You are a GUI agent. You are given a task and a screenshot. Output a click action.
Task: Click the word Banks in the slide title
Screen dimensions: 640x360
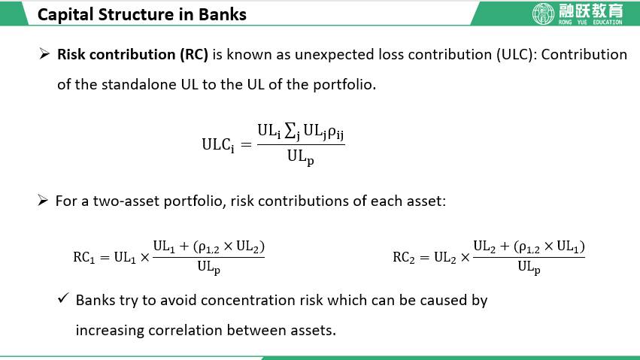coord(223,15)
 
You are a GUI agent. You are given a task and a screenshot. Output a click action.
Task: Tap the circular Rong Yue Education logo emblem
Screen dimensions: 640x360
coord(544,13)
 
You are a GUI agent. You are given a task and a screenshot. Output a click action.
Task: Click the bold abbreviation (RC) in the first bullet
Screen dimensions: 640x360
coord(194,55)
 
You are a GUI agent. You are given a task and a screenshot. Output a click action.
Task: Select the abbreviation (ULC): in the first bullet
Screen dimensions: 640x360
coord(517,55)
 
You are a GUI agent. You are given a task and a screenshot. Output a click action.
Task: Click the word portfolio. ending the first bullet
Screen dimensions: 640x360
coord(344,85)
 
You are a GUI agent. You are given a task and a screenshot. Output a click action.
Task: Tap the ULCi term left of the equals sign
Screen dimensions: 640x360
coord(218,145)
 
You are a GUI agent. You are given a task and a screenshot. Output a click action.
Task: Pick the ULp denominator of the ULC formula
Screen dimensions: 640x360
coord(300,157)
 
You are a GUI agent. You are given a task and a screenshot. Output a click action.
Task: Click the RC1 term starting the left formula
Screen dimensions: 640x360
coord(84,257)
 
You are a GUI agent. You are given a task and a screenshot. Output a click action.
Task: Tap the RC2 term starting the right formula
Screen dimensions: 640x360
coord(404,257)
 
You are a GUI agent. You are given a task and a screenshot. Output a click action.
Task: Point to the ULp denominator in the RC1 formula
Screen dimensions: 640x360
coord(208,267)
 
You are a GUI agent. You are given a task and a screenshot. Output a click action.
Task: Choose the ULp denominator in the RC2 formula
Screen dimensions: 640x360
coord(529,267)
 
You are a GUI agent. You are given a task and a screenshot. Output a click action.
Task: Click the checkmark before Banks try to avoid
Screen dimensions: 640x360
coord(63,298)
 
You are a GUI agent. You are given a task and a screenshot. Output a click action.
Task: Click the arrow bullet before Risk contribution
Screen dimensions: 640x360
coord(44,53)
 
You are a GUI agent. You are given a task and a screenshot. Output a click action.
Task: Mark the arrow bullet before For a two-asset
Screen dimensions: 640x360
coord(43,200)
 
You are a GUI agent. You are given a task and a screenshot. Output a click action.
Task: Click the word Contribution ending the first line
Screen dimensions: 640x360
coord(584,55)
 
